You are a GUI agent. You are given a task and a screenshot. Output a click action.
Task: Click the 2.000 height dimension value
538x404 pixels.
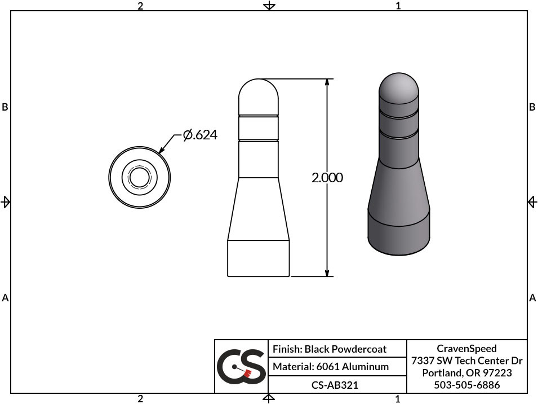(x=327, y=178)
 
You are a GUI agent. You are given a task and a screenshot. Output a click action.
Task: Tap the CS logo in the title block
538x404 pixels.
(x=241, y=366)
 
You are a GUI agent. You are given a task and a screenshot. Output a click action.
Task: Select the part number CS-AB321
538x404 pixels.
(x=335, y=385)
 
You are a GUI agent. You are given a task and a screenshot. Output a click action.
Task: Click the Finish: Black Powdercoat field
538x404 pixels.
(x=330, y=349)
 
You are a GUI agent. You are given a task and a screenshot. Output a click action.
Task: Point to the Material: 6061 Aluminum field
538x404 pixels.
(x=331, y=367)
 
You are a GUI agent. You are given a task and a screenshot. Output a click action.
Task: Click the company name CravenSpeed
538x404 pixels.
(x=466, y=349)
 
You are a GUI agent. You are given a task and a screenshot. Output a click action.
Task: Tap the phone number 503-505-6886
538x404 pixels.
(x=466, y=385)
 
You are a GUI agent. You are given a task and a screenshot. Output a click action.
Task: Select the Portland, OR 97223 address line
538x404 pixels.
(x=466, y=373)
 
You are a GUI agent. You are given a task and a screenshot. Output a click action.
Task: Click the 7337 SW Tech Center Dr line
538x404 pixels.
(x=466, y=361)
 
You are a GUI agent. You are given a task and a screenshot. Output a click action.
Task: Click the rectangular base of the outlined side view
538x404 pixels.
(x=259, y=258)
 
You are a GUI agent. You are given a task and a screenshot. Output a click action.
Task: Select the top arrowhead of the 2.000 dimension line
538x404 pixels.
(x=327, y=83)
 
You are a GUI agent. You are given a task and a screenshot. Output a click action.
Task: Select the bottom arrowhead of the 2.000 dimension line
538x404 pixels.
(x=327, y=273)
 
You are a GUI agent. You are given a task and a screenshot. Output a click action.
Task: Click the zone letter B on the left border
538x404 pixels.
(x=5, y=107)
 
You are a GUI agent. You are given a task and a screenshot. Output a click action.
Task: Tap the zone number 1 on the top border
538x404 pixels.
(x=398, y=6)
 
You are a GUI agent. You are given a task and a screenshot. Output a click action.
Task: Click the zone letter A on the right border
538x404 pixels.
(x=532, y=297)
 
